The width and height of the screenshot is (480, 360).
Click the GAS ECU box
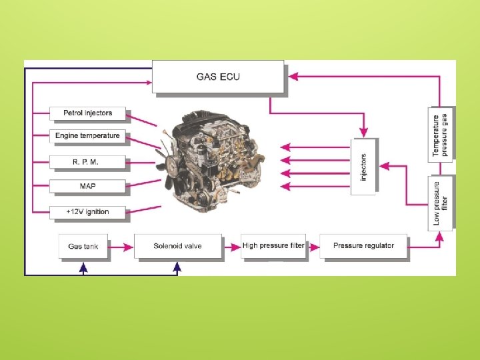(x=218, y=77)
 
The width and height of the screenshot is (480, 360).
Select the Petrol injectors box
(x=87, y=113)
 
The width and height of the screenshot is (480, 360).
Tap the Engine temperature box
(x=87, y=136)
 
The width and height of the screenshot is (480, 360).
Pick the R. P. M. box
(x=87, y=162)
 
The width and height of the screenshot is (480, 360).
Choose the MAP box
(x=87, y=186)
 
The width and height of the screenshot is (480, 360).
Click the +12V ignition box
(x=87, y=211)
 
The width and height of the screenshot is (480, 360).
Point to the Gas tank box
(x=83, y=246)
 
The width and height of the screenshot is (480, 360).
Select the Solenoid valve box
(x=177, y=246)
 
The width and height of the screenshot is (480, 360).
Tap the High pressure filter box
(x=273, y=245)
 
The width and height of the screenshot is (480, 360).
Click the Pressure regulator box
(x=363, y=245)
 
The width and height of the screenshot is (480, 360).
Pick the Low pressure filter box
(x=441, y=203)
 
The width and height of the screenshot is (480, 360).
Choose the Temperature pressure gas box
(x=441, y=134)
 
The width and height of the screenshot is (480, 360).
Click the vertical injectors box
(x=364, y=167)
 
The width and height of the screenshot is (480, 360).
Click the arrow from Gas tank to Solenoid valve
(x=121, y=246)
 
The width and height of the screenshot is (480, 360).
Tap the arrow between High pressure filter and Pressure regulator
(x=313, y=246)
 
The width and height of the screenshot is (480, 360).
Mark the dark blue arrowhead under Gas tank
(x=83, y=268)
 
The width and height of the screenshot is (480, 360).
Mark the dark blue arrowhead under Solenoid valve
(x=177, y=268)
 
